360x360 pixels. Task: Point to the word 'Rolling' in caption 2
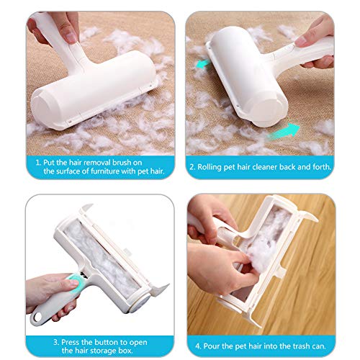click(x=210, y=167)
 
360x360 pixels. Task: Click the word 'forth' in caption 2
click(x=321, y=166)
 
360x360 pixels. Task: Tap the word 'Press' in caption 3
click(x=71, y=342)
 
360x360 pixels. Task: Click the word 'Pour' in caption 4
click(x=211, y=346)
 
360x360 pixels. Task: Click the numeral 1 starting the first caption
click(x=37, y=163)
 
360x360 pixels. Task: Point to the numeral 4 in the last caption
click(x=197, y=346)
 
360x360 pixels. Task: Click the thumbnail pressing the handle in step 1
click(x=71, y=37)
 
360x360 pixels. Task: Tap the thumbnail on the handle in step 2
click(x=300, y=41)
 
